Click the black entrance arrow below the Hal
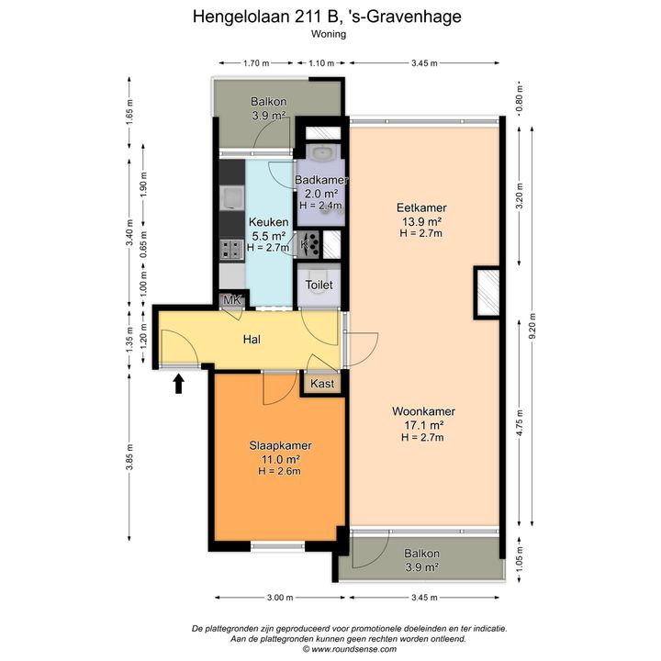pos(179,384)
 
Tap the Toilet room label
pos(319,285)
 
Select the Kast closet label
pos(322,384)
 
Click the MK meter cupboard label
pos(232,300)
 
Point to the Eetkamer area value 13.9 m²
pos(421,221)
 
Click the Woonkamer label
pos(423,411)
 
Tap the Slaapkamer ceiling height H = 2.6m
pos(279,471)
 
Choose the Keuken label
pos(268,222)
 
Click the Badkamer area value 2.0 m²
pos(321,194)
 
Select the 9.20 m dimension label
pos(532,326)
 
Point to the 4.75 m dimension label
pos(520,422)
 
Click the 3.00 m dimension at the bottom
pos(280,598)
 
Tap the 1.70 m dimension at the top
pos(256,63)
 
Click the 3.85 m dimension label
pos(129,456)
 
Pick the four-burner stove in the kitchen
pos(231,250)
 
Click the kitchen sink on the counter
pos(232,198)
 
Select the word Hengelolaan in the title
pos(241,17)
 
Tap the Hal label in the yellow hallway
pos(252,340)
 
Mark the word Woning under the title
pos(329,34)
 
